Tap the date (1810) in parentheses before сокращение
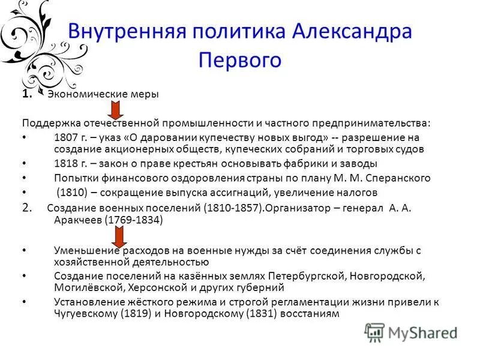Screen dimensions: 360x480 [72, 193]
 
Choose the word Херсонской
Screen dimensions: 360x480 [151, 287]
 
